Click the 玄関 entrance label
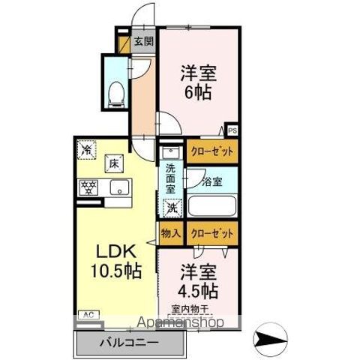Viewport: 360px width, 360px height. (x=143, y=42)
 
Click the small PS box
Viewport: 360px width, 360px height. (x=233, y=130)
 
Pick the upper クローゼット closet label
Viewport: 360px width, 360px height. (x=211, y=151)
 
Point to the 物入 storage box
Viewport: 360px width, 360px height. (x=170, y=234)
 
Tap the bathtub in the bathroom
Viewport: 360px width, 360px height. (x=211, y=206)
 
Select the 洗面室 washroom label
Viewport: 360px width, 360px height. (x=171, y=179)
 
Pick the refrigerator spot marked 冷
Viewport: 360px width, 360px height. (x=86, y=148)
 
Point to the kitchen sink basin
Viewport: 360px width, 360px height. (x=119, y=187)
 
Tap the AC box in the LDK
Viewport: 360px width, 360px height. (x=88, y=315)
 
